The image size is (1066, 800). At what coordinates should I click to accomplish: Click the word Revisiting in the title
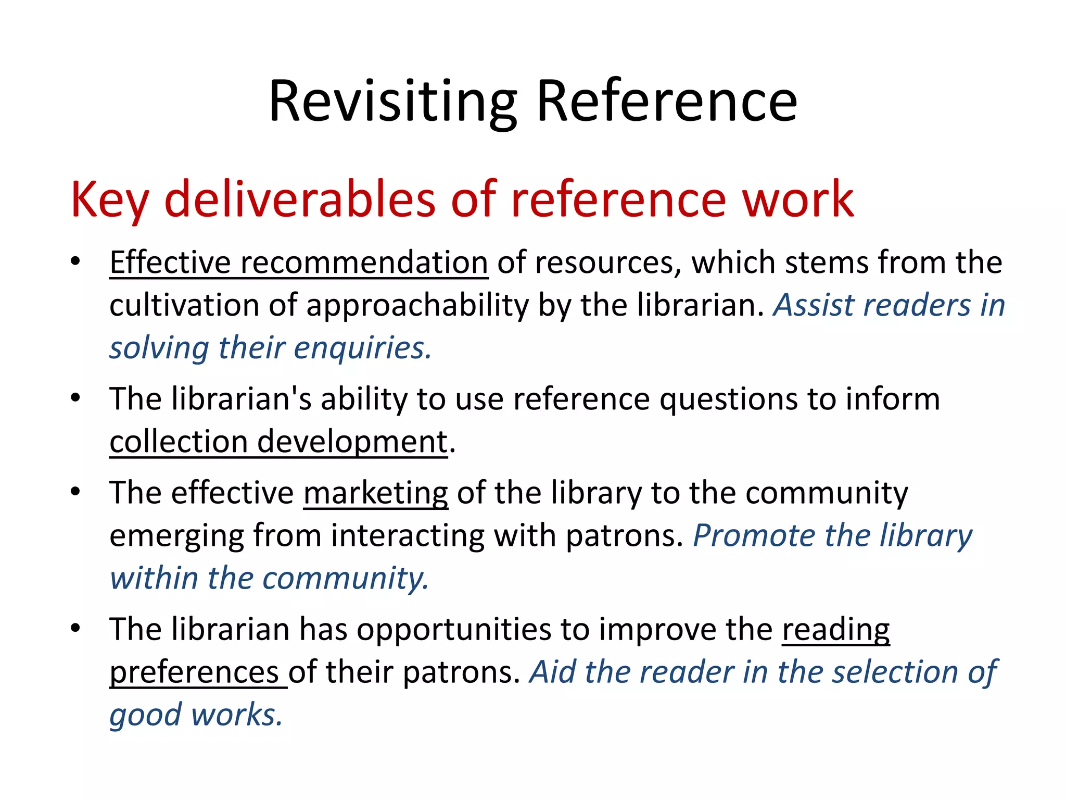click(393, 102)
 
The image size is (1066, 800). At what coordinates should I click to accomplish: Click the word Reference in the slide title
click(666, 102)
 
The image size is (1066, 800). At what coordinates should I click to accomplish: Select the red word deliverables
click(300, 199)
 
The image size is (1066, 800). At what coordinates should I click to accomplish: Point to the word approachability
click(417, 305)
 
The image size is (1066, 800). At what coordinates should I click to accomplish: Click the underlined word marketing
click(375, 493)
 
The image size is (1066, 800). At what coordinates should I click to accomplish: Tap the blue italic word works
click(237, 715)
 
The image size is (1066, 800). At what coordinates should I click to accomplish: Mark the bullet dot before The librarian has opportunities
click(75, 628)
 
